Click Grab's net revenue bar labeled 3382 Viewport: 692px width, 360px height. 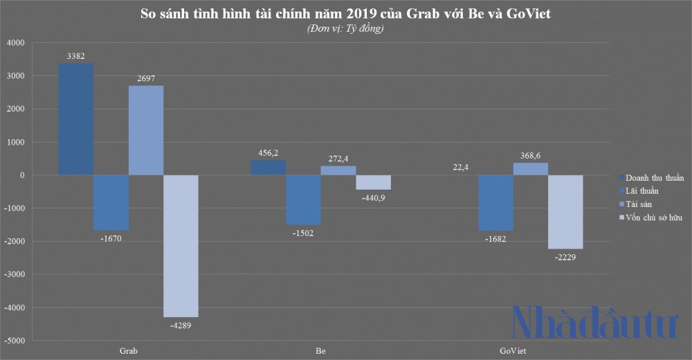[x=76, y=118]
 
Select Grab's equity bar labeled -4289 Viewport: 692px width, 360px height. [x=181, y=246]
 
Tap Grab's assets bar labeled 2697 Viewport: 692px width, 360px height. [x=146, y=130]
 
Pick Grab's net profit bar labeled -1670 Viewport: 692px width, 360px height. [x=111, y=202]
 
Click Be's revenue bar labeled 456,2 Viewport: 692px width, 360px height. [x=268, y=168]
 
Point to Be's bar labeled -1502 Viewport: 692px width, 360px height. [x=304, y=199]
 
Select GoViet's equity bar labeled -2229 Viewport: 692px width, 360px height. [x=565, y=211]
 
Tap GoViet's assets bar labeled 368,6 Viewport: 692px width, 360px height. [x=531, y=169]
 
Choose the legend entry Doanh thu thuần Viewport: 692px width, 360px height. [x=653, y=177]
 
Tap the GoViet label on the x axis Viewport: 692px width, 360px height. [x=513, y=352]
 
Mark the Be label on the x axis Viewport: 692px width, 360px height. [x=320, y=352]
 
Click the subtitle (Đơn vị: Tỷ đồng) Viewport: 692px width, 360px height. [x=345, y=28]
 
